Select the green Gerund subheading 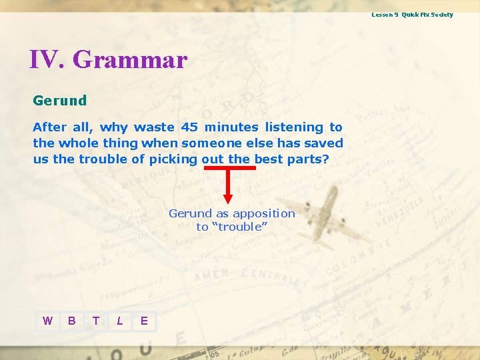point(60,101)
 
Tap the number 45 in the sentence point(189,127)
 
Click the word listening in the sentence point(294,127)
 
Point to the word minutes point(231,127)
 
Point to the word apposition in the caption point(263,213)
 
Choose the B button point(72,321)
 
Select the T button point(96,321)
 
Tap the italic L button point(120,321)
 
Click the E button point(144,321)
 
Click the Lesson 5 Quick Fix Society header point(412,15)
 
